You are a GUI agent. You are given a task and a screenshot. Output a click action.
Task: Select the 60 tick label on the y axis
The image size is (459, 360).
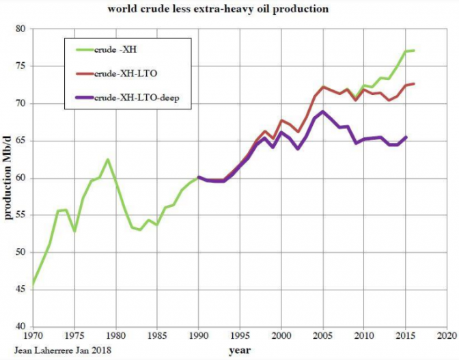pyautogui.click(x=19, y=178)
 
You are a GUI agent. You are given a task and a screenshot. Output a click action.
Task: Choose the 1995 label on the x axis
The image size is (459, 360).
pyautogui.click(x=240, y=336)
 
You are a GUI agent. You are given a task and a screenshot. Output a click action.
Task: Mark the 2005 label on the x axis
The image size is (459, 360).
pyautogui.click(x=322, y=336)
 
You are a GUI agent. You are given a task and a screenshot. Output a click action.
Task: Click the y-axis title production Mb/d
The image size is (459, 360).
pyautogui.click(x=8, y=178)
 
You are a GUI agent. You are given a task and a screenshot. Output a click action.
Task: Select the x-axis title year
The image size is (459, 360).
pyautogui.click(x=239, y=351)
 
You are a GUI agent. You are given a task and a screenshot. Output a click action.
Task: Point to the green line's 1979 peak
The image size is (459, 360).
pyautogui.click(x=107, y=160)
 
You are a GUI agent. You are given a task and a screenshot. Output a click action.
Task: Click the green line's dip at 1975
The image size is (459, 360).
pyautogui.click(x=74, y=232)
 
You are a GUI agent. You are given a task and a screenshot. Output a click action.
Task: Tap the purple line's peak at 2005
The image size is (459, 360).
pyautogui.click(x=322, y=111)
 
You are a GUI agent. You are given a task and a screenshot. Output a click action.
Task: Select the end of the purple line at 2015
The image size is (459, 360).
pyautogui.click(x=406, y=137)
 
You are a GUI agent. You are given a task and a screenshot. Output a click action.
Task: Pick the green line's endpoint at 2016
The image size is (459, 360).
pyautogui.click(x=414, y=51)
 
